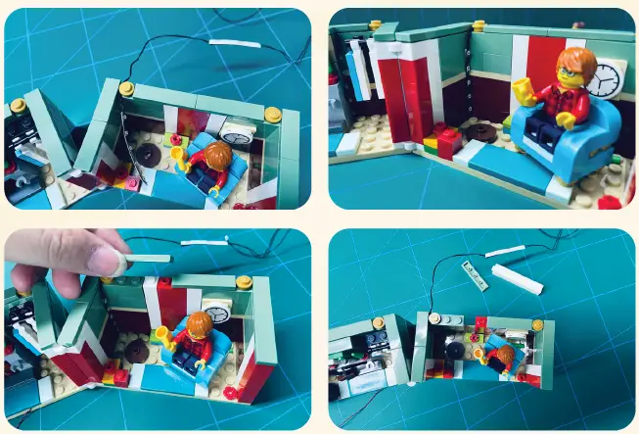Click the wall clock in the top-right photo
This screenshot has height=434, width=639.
pos(606,78)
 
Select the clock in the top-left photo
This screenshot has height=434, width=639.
pos(238,129)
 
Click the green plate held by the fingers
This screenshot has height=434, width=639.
pos(147,258)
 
